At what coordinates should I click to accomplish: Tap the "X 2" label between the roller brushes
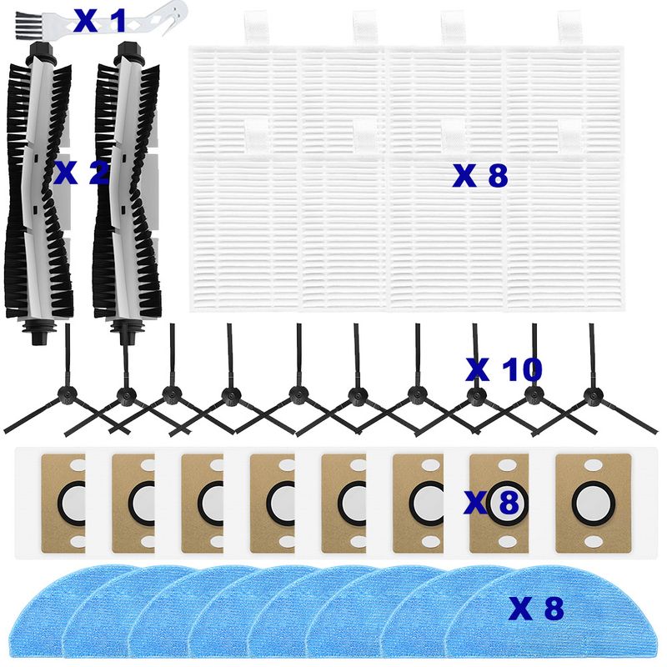[x=81, y=173]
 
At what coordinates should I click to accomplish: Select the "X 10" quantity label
[x=504, y=369]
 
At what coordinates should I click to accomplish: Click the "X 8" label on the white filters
[x=480, y=175]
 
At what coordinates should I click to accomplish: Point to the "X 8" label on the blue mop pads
[x=536, y=609]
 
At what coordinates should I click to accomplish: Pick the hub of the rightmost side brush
[x=592, y=395]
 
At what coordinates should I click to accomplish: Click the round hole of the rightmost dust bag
[x=593, y=504]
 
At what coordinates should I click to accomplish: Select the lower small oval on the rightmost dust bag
[x=593, y=541]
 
